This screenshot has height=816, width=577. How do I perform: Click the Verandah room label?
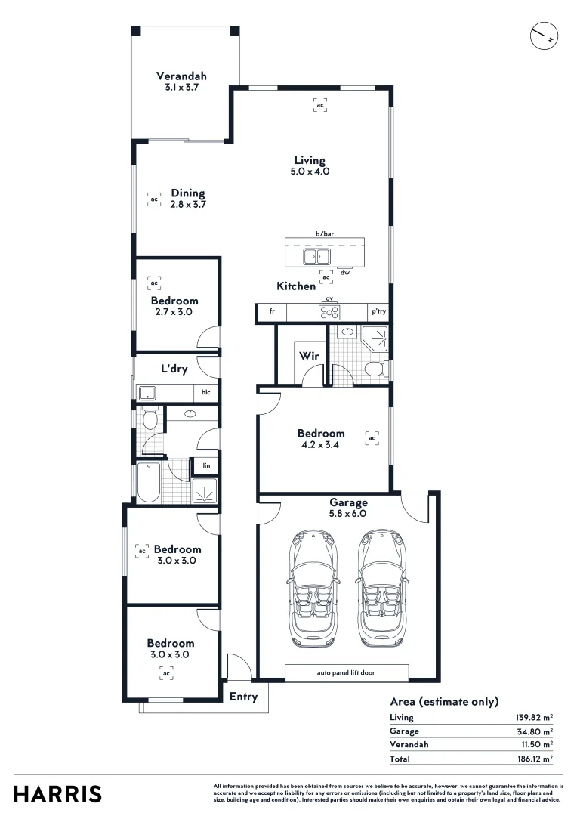point(181,76)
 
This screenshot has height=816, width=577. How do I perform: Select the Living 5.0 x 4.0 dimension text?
point(310,172)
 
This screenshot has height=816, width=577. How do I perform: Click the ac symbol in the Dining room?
point(154,199)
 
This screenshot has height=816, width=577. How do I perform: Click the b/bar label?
point(325,234)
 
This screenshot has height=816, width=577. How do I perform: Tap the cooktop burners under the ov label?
point(329,311)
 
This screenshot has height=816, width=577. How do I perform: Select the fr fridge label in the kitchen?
point(272,311)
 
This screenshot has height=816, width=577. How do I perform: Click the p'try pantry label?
point(378,311)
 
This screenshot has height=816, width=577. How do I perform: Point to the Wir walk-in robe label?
point(307,356)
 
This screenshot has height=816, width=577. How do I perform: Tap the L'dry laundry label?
point(174,369)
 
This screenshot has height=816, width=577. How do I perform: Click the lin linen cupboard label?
point(206,466)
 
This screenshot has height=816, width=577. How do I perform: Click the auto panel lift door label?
point(347,672)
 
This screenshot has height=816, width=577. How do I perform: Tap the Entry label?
point(243,697)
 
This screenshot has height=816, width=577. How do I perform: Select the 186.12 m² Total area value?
point(532,758)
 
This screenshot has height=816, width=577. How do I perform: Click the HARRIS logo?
point(57,794)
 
